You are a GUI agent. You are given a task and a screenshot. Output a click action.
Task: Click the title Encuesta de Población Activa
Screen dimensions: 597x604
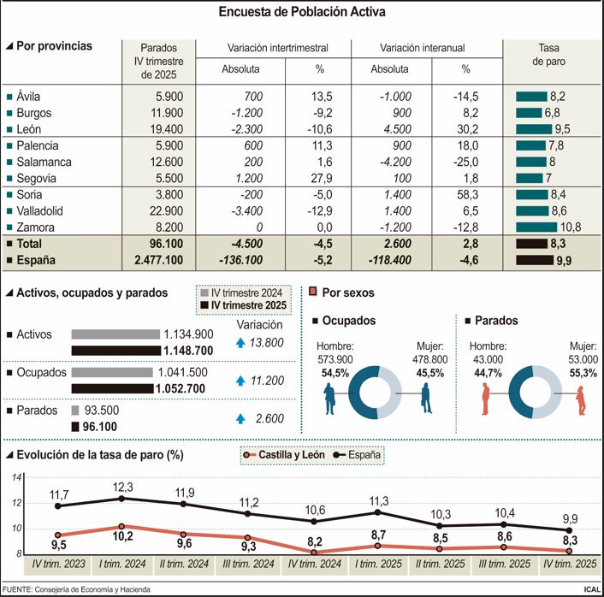[x=302, y=12]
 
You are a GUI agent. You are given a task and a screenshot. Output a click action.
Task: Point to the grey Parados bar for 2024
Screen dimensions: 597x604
[x=75, y=411]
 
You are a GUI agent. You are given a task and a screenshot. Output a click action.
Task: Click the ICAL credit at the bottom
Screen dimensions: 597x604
[x=590, y=589]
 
